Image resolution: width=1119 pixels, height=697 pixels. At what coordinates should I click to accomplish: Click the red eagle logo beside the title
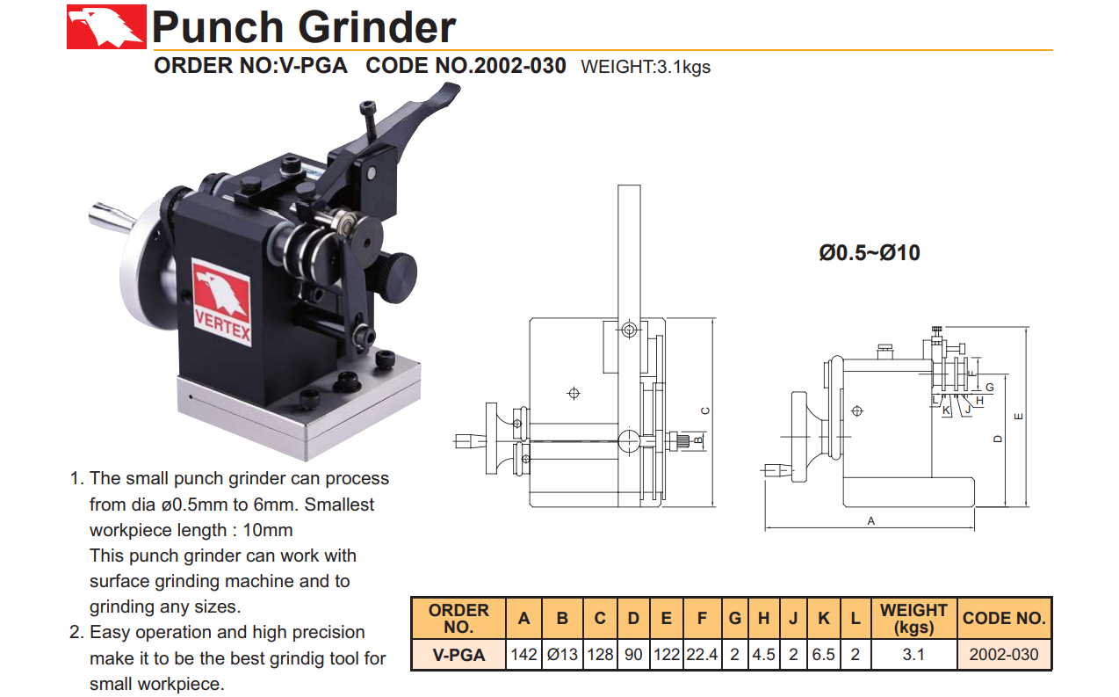pos(106,27)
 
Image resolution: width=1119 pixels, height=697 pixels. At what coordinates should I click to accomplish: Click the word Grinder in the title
pos(377,27)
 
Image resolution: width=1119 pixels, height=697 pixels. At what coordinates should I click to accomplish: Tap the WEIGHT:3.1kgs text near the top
pos(646,67)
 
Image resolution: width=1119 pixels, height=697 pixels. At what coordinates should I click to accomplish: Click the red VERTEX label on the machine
pos(222,302)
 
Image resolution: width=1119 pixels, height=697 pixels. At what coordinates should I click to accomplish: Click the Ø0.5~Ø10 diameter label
pos(870,253)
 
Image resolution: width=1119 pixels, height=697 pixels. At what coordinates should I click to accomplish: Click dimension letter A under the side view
pos(870,521)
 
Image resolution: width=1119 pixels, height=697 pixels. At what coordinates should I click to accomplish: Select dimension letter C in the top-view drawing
pos(705,411)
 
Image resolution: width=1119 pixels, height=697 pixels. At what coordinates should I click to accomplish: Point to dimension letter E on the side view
pos(1019,417)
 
